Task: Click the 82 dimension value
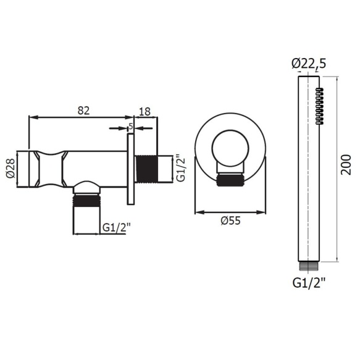(84, 111)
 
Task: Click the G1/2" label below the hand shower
(308, 283)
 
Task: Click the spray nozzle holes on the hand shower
(319, 106)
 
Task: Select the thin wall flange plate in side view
(130, 169)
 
